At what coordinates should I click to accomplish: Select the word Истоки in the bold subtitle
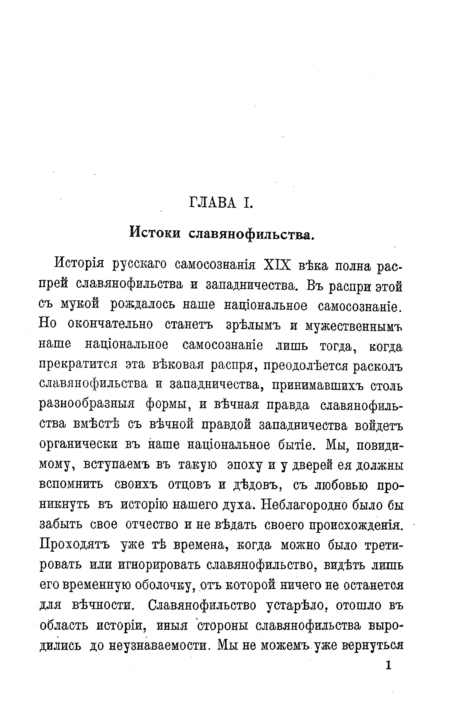click(155, 232)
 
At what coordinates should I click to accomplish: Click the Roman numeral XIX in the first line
click(276, 265)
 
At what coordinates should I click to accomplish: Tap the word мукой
click(79, 305)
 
